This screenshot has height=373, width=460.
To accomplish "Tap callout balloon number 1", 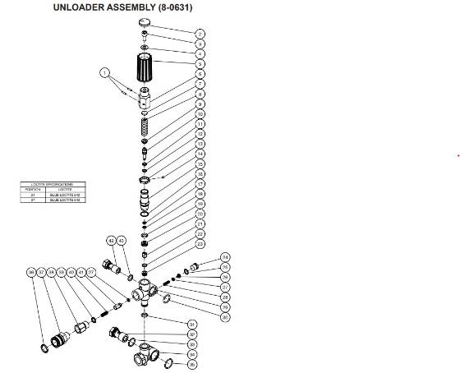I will pos(105,73).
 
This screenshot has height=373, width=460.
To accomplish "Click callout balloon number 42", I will pos(111,240).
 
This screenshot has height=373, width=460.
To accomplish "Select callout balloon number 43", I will pos(122,240).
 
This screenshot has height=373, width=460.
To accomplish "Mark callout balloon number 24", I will pos(226,257).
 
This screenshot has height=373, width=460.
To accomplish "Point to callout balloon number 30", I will pos(226,316).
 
